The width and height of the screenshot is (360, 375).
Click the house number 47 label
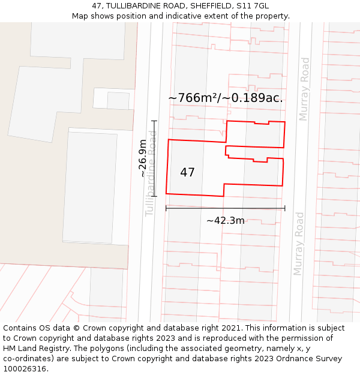[x=187, y=173]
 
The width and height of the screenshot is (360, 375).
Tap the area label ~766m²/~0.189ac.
[x=225, y=98]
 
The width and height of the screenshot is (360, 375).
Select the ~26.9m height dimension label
[x=143, y=158]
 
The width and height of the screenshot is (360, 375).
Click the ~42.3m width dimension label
[x=225, y=220]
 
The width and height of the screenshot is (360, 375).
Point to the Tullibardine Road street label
[x=151, y=174]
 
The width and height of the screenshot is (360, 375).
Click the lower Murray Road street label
[x=299, y=244]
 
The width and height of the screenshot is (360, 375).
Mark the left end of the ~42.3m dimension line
[x=166, y=208]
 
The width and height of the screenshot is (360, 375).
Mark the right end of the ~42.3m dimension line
[x=284, y=208]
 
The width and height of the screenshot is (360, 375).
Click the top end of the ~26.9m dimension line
[x=154, y=121]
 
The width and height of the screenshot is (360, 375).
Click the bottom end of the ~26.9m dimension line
[x=154, y=196]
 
